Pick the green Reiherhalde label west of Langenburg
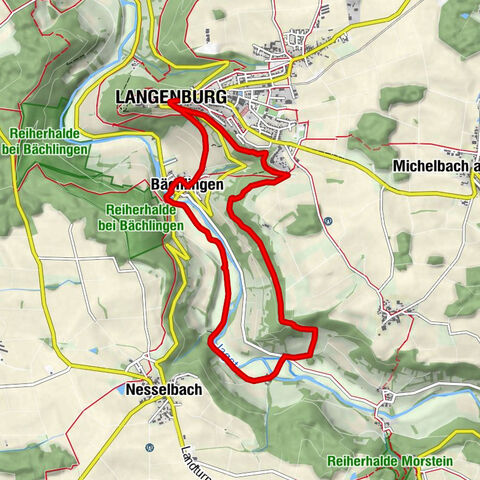click(51, 141)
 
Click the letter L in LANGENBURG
click(121, 96)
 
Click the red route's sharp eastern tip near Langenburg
click(290, 174)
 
